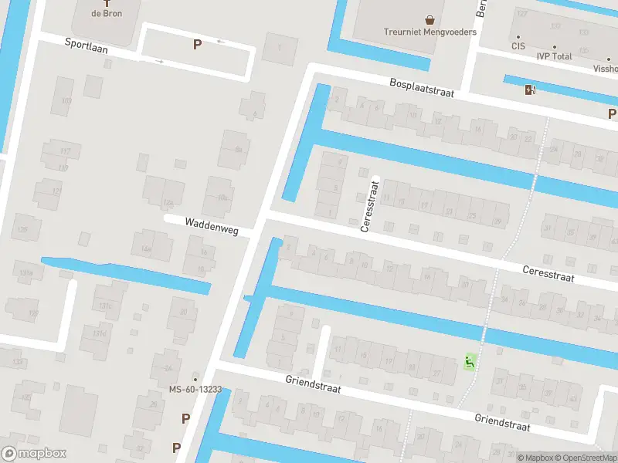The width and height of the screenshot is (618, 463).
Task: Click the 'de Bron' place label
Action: pyautogui.click(x=107, y=13)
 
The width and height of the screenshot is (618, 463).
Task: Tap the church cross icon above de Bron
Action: pyautogui.click(x=107, y=2)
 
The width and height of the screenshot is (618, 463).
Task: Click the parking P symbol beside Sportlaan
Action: pyautogui.click(x=197, y=44)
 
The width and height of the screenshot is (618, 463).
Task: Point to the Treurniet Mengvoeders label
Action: pyautogui.click(x=430, y=32)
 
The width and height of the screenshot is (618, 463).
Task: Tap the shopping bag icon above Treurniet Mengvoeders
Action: pyautogui.click(x=430, y=19)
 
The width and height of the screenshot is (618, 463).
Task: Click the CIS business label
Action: pyautogui.click(x=518, y=46)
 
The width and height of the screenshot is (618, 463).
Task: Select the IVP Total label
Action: pyautogui.click(x=555, y=56)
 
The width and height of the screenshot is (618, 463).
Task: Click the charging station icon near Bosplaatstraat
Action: pyautogui.click(x=529, y=90)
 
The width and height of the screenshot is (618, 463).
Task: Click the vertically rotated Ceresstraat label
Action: pyautogui.click(x=369, y=206)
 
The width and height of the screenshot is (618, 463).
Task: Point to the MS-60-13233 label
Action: pyautogui.click(x=195, y=389)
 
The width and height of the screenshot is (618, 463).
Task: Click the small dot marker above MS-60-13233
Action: pyautogui.click(x=195, y=379)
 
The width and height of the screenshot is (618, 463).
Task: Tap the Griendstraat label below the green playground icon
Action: pyautogui.click(x=502, y=423)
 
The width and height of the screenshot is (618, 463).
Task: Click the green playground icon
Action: pyautogui.click(x=468, y=360)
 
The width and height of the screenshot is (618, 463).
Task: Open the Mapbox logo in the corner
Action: pyautogui.click(x=33, y=454)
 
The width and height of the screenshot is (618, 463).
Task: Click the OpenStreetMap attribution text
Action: pyautogui.click(x=586, y=458)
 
